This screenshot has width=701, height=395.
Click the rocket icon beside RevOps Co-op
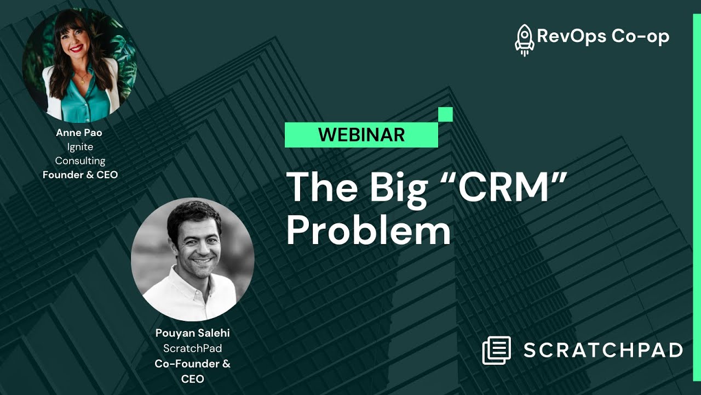(524, 39)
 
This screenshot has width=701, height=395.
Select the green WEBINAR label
(361, 134)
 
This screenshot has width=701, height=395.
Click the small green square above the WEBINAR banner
(445, 114)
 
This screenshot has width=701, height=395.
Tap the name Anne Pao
(79, 133)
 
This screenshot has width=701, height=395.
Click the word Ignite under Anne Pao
(79, 147)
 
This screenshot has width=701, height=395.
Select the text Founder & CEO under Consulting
(80, 175)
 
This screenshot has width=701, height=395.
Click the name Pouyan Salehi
(192, 334)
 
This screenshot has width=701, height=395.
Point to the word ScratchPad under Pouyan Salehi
(192, 348)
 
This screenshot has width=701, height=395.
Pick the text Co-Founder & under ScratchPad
(192, 363)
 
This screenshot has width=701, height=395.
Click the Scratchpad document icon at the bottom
(496, 350)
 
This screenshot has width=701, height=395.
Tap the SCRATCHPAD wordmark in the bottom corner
(603, 350)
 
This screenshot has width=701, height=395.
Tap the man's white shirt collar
(189, 285)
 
